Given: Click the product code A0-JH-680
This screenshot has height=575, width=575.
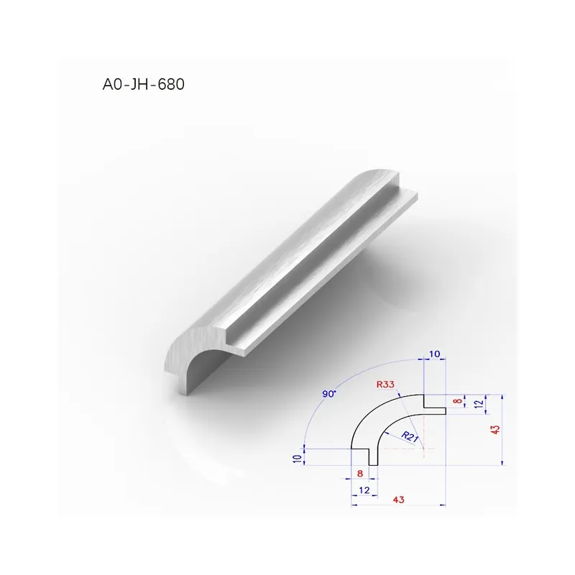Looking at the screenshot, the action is (143, 84).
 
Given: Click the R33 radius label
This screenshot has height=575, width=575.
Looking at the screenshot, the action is (385, 385).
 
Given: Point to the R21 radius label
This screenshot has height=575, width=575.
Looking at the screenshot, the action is (410, 437).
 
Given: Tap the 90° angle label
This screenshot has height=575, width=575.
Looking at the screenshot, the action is (329, 394).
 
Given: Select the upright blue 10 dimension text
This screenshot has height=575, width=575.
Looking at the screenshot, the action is (435, 354).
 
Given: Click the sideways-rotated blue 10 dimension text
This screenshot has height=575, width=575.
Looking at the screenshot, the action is (298, 459).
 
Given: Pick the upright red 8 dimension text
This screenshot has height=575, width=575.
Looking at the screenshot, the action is (360, 474).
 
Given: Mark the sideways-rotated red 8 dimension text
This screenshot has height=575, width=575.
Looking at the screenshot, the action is (457, 401).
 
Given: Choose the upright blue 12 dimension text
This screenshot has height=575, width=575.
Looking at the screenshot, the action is (364, 490).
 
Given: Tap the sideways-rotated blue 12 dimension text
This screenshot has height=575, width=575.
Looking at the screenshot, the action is (479, 404).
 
